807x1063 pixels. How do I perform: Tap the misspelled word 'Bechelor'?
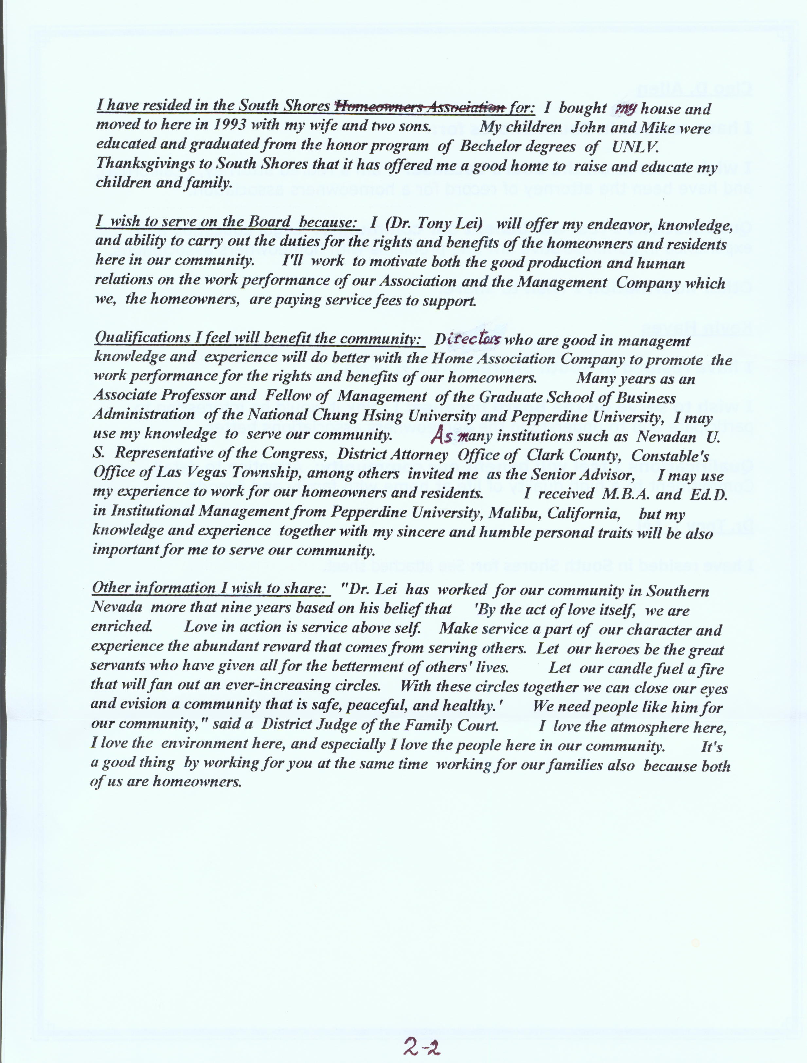[x=517, y=147]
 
